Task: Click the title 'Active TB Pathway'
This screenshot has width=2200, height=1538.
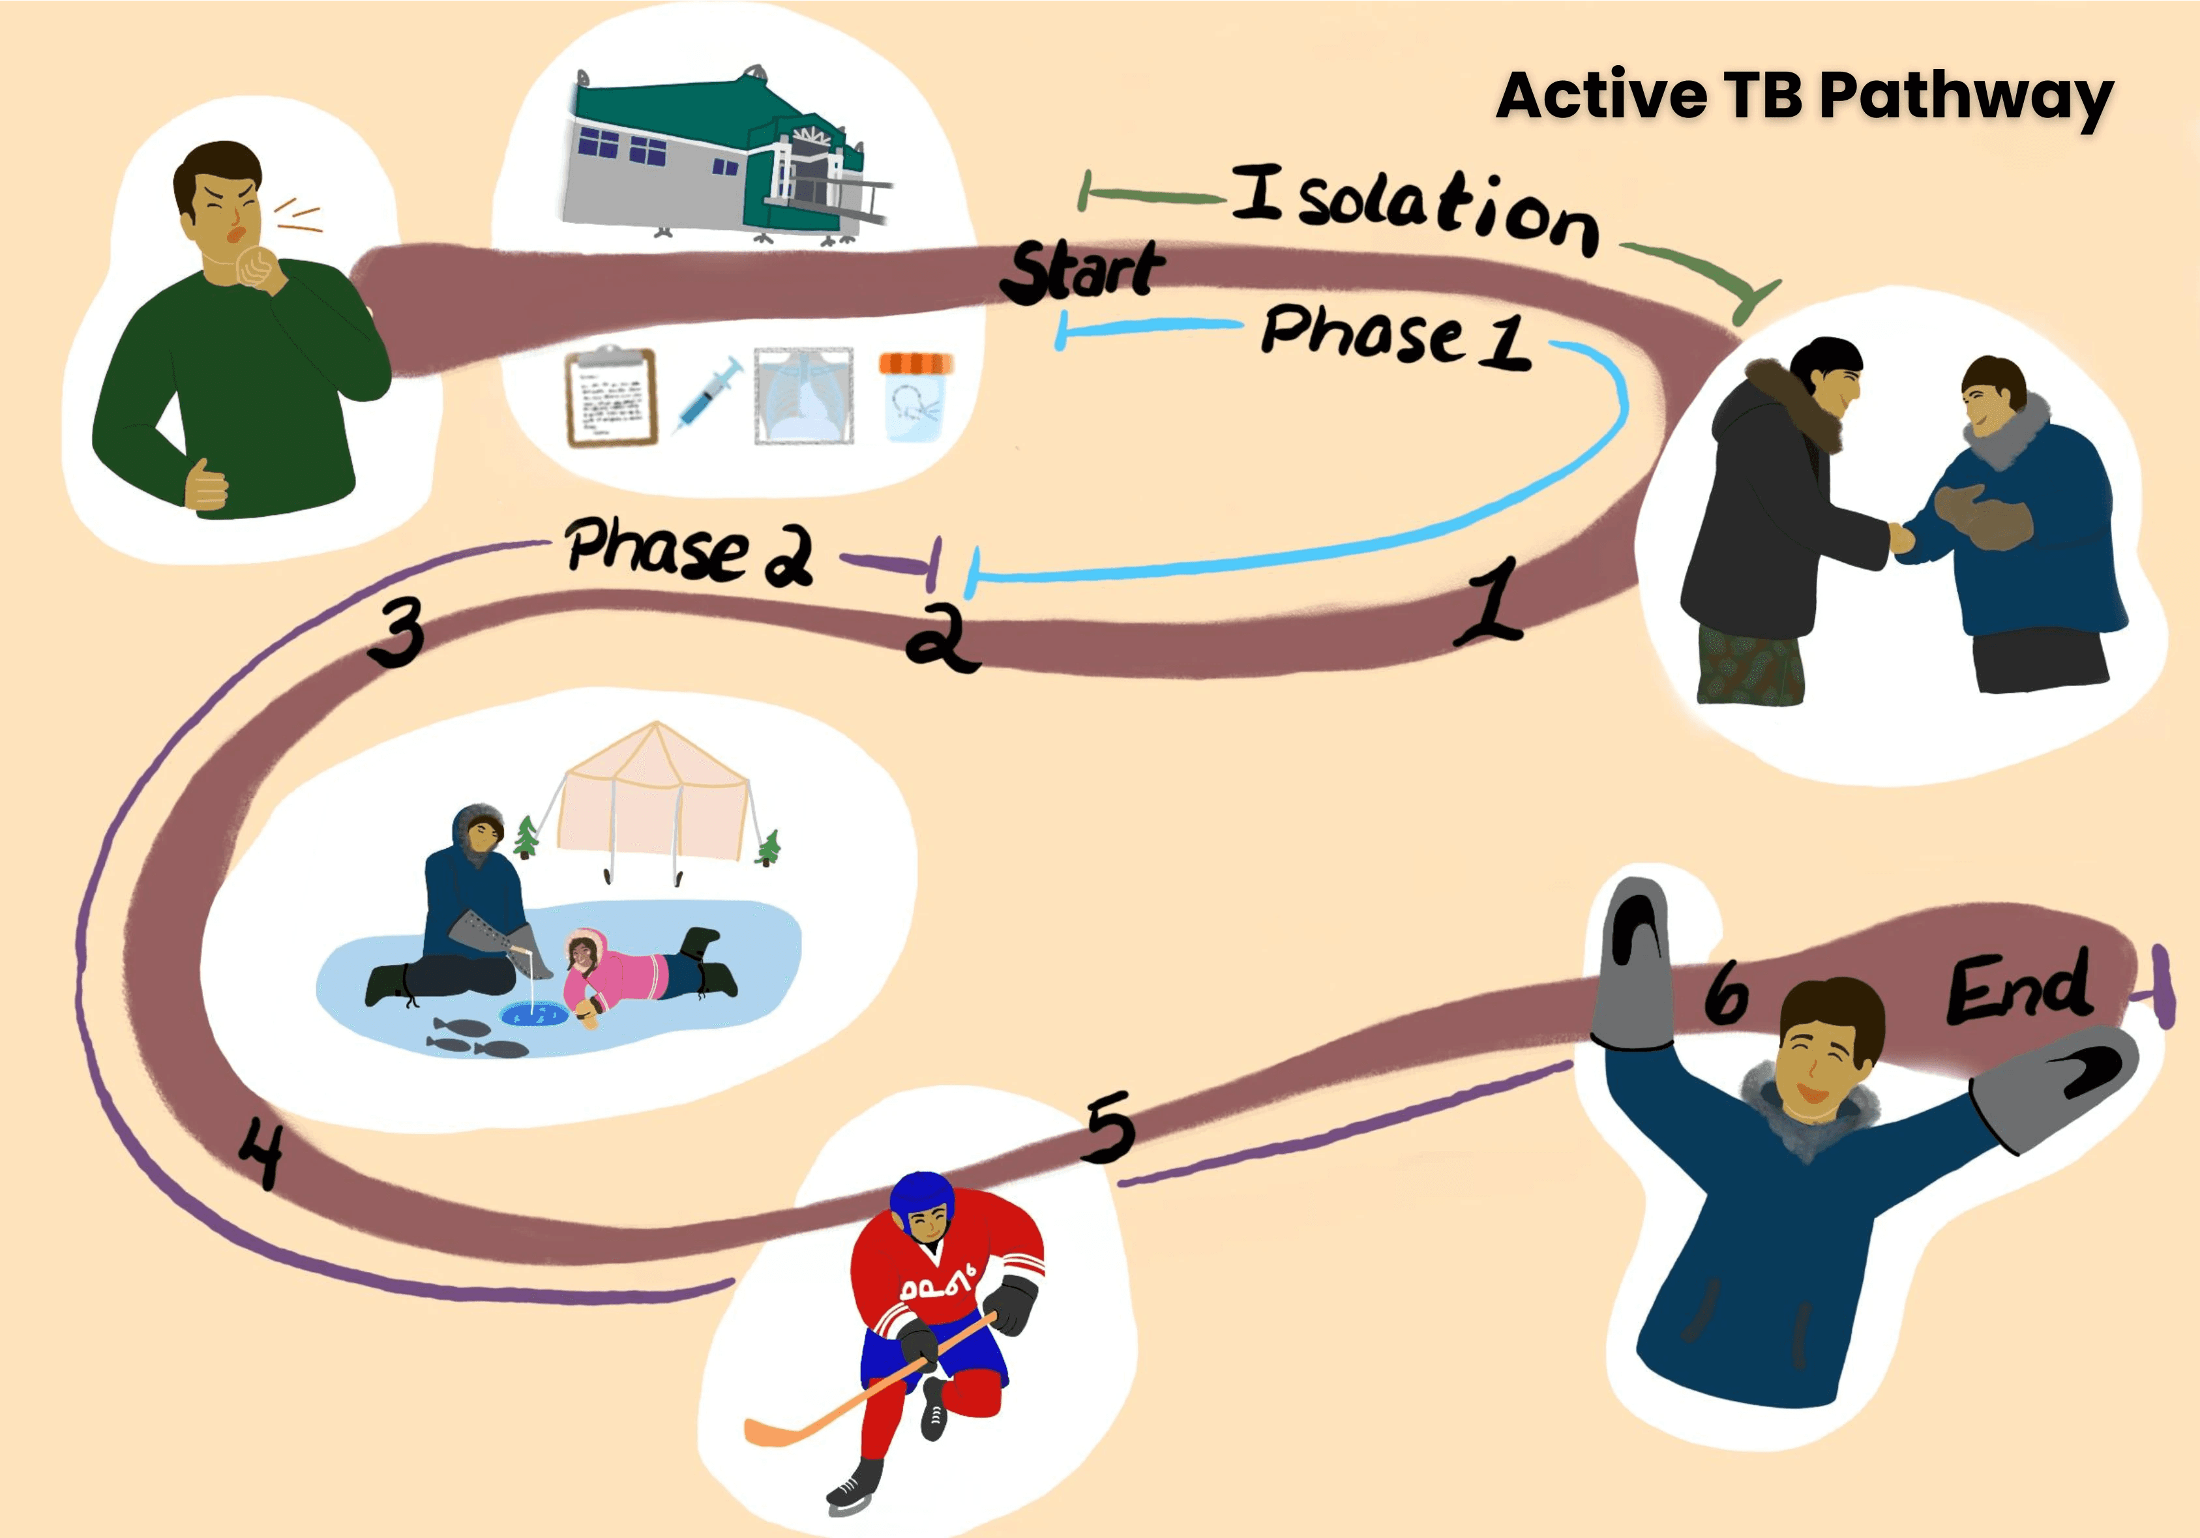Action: coord(1804,96)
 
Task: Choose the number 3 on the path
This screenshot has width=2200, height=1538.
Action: coord(396,632)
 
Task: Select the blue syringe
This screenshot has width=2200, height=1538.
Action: coord(709,393)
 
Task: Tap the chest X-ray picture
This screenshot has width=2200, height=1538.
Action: coord(803,396)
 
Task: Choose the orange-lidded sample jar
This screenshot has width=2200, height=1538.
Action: coord(915,396)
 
